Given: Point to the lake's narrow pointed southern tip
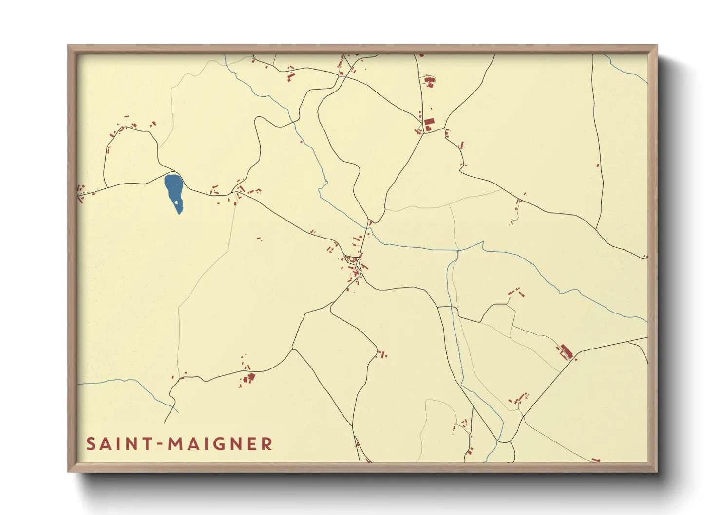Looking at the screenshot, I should [180, 213].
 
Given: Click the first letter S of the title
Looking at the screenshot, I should [91, 444].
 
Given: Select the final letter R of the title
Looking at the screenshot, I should [266, 444].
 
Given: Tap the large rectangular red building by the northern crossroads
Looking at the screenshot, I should [429, 122].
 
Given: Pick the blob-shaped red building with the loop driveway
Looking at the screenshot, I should [429, 80].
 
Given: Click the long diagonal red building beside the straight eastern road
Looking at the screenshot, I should [565, 350].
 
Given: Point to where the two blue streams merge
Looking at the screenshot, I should [458, 251].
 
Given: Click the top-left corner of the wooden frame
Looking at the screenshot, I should [68, 45].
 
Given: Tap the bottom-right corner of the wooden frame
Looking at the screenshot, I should [657, 472].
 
